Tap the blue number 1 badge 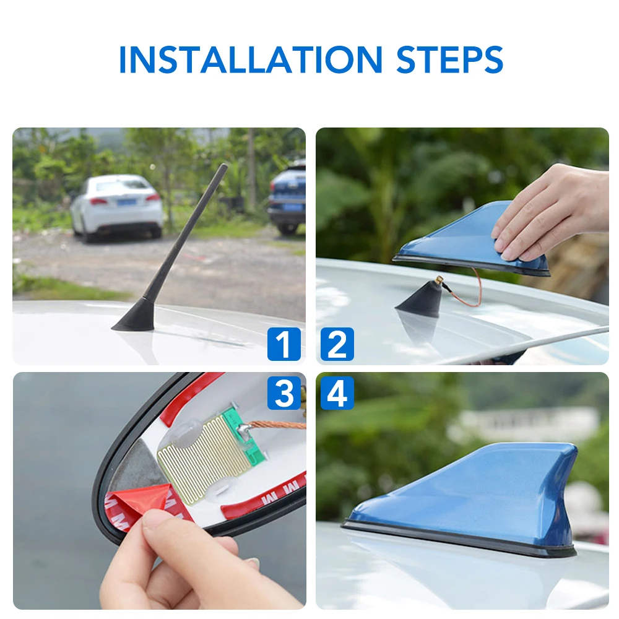tap(284, 345)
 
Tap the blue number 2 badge tap(337, 345)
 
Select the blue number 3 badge tap(284, 393)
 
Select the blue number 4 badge tap(337, 393)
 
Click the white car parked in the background tap(116, 206)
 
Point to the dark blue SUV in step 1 tap(288, 197)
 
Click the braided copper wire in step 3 tap(279, 425)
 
